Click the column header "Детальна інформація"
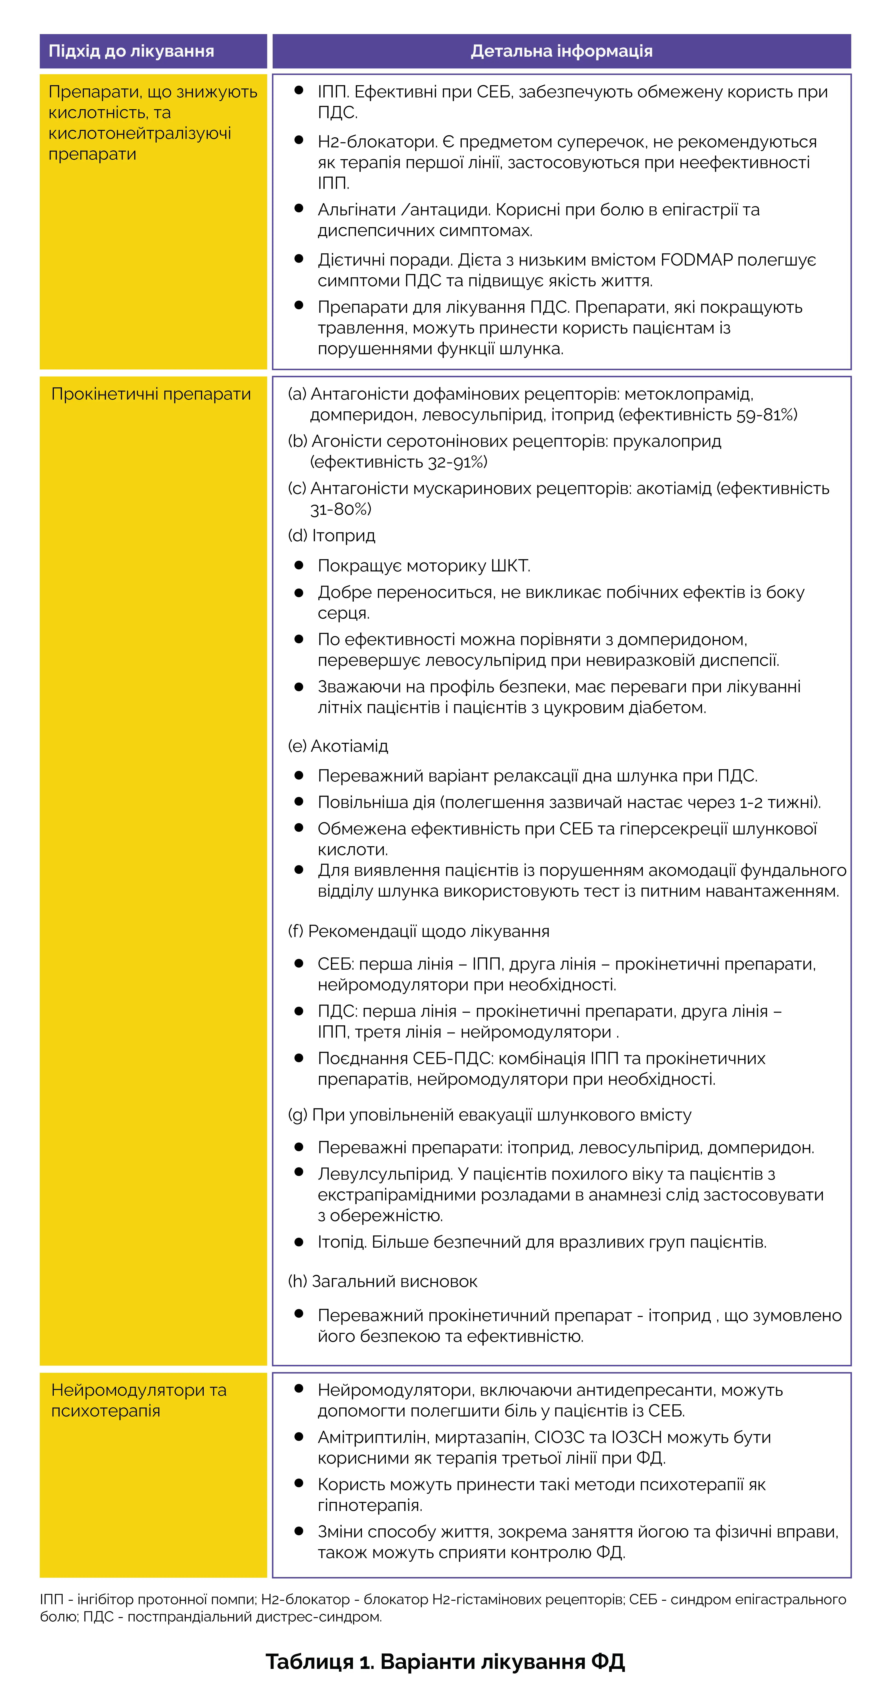coord(561,52)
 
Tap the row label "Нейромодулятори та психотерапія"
coord(139,1400)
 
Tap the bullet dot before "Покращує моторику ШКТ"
coord(299,565)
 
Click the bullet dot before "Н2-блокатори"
coord(299,140)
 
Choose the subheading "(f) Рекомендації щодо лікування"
coord(418,931)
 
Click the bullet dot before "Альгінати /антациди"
coord(299,208)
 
